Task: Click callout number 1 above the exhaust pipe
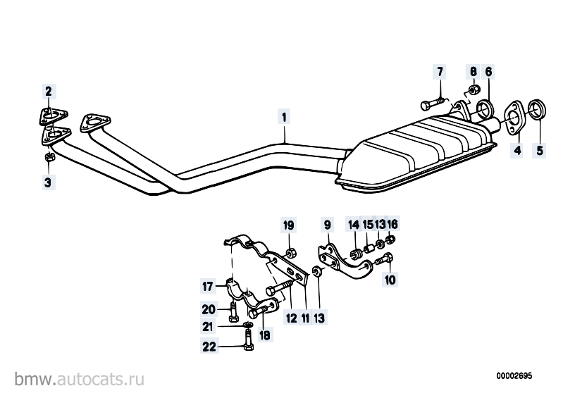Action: (x=284, y=118)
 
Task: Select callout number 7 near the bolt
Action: (x=440, y=72)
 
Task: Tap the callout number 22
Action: (x=209, y=347)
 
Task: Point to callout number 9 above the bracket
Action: (x=327, y=225)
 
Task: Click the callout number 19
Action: (x=289, y=225)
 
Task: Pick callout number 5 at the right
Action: (x=540, y=150)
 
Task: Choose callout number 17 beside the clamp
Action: (x=208, y=287)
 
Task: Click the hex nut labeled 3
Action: (x=49, y=157)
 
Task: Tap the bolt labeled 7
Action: (x=433, y=104)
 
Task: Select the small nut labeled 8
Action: (x=473, y=89)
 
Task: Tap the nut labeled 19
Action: (x=291, y=253)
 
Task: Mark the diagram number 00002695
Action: (x=514, y=376)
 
